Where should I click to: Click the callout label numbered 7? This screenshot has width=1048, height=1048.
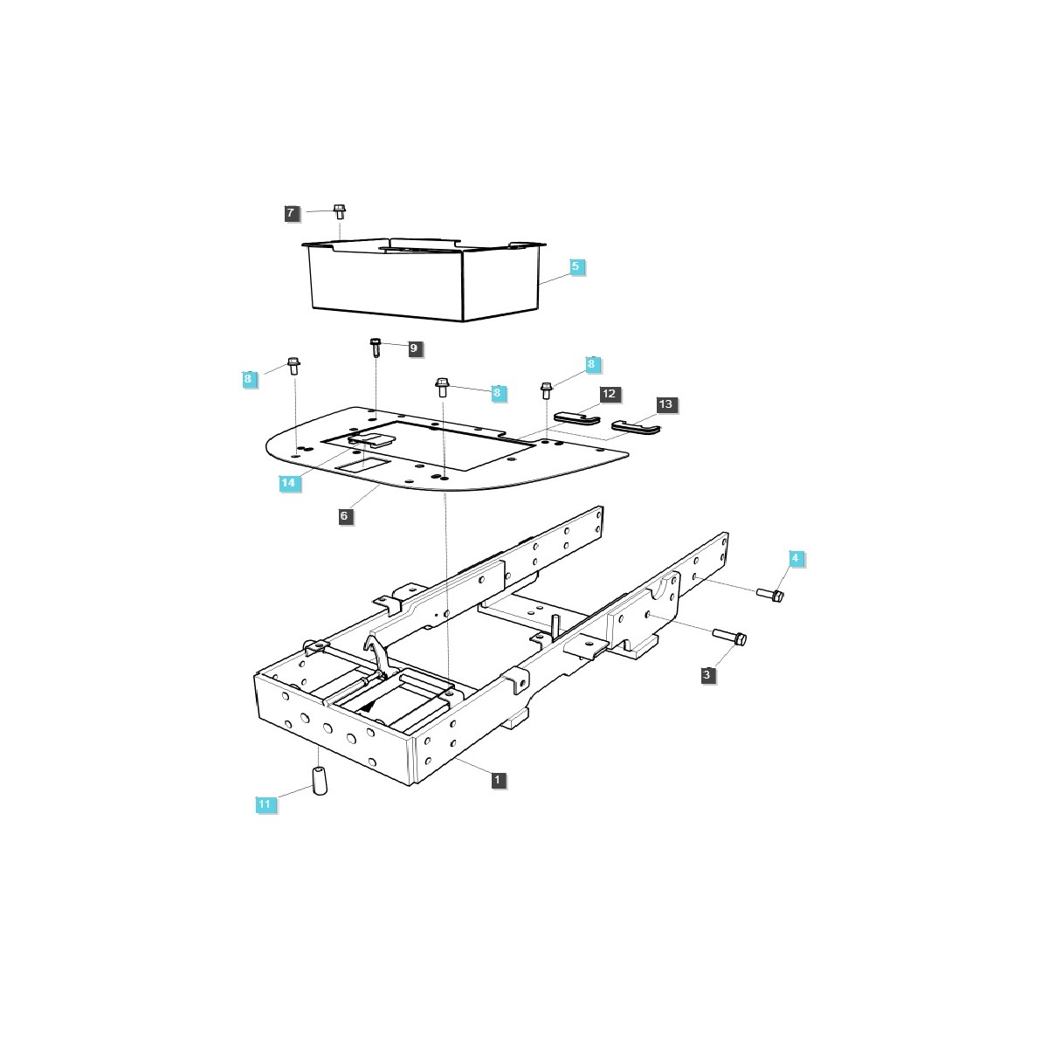point(291,212)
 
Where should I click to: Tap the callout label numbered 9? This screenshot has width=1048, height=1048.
point(413,348)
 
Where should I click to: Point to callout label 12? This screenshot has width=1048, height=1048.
point(609,394)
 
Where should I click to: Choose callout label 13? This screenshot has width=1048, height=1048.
point(666,404)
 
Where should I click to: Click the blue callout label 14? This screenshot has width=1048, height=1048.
point(287,482)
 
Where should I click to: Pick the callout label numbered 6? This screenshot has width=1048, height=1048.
point(344,516)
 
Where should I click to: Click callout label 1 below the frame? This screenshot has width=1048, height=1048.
point(498,778)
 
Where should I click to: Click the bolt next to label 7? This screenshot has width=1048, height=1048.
point(339,211)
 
